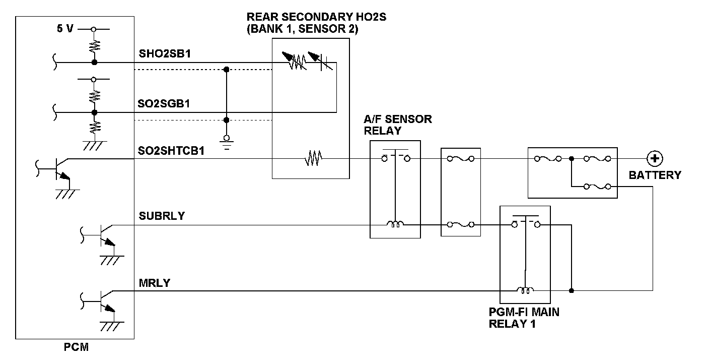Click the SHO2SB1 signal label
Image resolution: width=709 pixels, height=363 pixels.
[x=165, y=53]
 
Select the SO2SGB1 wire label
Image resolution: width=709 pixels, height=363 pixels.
[x=164, y=104]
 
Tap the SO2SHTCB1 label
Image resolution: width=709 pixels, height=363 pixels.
[x=171, y=151]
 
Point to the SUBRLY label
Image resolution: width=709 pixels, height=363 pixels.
[x=162, y=216]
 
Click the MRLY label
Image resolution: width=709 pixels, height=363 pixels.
[x=155, y=283]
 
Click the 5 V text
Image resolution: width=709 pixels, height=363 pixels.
[x=65, y=29]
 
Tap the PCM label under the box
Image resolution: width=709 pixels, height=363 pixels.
[x=76, y=347]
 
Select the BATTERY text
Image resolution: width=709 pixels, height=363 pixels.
[x=655, y=175]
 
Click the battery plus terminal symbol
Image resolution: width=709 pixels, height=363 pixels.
[x=655, y=158]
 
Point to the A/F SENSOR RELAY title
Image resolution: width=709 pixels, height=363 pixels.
[x=397, y=125]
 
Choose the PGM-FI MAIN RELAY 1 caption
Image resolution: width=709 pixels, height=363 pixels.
[x=524, y=318]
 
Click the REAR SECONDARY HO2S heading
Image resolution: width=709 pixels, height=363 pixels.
[x=317, y=17]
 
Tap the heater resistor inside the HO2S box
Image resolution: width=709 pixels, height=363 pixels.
[x=313, y=158]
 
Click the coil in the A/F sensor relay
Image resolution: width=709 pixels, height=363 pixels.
[x=395, y=224]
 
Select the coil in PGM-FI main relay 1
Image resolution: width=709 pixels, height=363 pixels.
[x=525, y=290]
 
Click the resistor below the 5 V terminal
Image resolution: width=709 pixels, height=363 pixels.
[x=94, y=46]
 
